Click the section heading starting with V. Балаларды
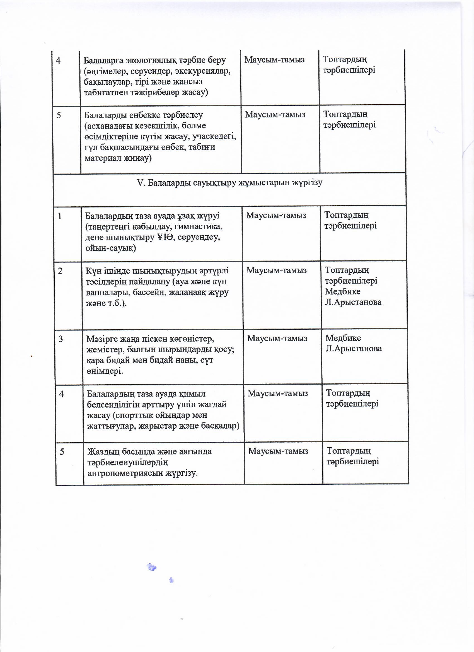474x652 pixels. pyautogui.click(x=229, y=183)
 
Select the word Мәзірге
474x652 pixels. pyautogui.click(x=101, y=339)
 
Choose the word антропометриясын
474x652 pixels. pyautogui.click(x=125, y=473)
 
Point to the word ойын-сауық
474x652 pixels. pyautogui.click(x=110, y=248)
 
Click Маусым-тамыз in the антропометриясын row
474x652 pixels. pyautogui.click(x=278, y=451)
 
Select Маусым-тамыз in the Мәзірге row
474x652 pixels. pyautogui.click(x=277, y=338)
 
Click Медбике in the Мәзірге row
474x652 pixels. pyautogui.click(x=343, y=338)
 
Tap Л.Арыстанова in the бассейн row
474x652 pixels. pyautogui.click(x=353, y=302)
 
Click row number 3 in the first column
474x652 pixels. pyautogui.click(x=61, y=339)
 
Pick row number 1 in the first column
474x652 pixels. pyautogui.click(x=60, y=216)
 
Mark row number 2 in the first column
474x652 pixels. pyautogui.click(x=60, y=271)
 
